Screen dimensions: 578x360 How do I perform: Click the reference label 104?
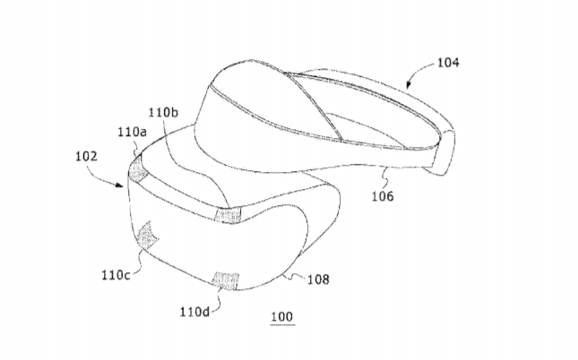click(x=448, y=63)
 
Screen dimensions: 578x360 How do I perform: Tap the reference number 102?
click(x=87, y=156)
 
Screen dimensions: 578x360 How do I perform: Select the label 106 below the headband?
click(x=383, y=196)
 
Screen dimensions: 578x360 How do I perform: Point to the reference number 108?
click(x=318, y=279)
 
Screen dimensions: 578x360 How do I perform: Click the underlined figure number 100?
click(x=282, y=317)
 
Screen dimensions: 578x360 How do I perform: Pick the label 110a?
click(x=132, y=132)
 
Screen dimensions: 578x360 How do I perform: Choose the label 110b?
click(x=163, y=112)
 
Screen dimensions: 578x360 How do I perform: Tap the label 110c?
click(x=116, y=275)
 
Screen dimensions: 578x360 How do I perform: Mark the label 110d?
click(x=194, y=313)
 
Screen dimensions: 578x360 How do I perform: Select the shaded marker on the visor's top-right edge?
click(x=228, y=215)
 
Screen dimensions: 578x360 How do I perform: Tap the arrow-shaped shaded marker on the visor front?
click(x=147, y=236)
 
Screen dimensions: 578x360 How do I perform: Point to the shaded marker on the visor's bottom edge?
click(x=226, y=281)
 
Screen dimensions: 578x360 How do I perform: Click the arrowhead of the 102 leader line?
click(x=119, y=184)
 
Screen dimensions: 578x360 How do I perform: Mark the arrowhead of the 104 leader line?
click(x=408, y=85)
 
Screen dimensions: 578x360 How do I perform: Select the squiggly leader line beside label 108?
click(x=295, y=276)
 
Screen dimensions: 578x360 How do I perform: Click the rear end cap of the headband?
click(x=444, y=152)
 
